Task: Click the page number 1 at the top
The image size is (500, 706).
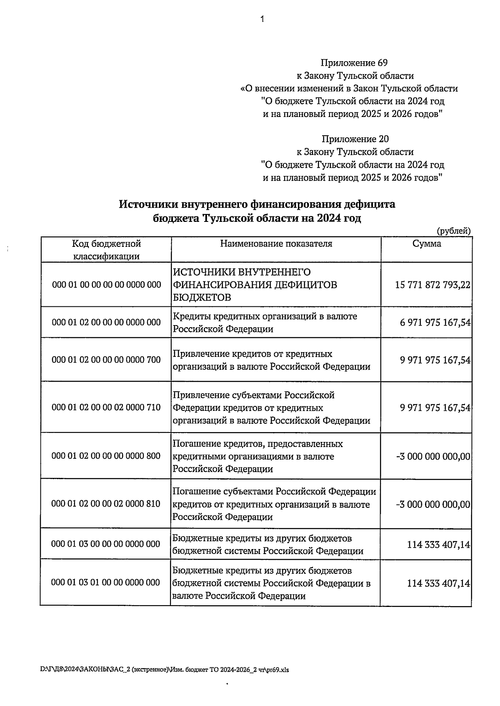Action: click(262, 19)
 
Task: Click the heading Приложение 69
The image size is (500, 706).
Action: click(354, 63)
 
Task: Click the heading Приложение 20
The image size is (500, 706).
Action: click(355, 139)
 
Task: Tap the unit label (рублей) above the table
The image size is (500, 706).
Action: click(454, 231)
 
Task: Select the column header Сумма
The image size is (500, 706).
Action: click(427, 244)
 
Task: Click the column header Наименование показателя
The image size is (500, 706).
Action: click(276, 244)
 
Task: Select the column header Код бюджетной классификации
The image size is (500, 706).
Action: click(106, 250)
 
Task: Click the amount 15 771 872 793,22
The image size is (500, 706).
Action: click(432, 285)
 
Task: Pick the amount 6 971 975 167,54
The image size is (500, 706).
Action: click(435, 323)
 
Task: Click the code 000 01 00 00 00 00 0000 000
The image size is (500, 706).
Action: click(106, 285)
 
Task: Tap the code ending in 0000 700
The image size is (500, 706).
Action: click(106, 360)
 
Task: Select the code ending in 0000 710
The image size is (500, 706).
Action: click(106, 407)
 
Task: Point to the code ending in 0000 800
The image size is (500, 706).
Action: click(106, 456)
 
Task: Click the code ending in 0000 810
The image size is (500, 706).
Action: click(106, 504)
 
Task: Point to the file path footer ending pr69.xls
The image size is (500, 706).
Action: click(164, 670)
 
